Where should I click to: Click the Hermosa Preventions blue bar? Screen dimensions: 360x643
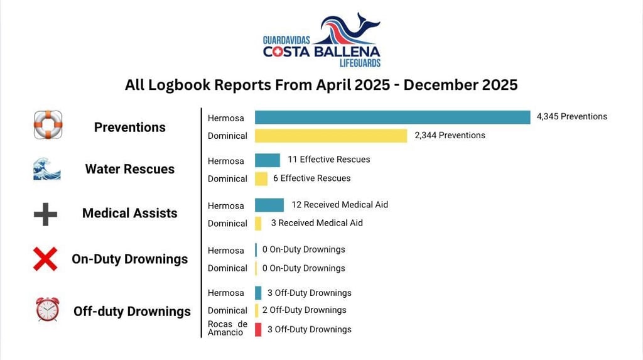(x=392, y=117)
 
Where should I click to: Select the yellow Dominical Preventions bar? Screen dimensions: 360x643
(x=331, y=136)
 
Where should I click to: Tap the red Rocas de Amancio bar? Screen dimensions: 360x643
(x=258, y=329)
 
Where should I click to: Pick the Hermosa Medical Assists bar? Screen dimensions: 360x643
(x=269, y=205)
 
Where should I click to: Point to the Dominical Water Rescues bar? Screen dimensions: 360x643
(x=261, y=178)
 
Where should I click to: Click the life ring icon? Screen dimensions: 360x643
(x=48, y=124)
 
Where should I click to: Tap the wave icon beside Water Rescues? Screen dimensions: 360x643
(x=47, y=169)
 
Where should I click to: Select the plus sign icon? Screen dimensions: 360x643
(x=45, y=214)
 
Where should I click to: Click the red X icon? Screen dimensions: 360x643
(x=45, y=259)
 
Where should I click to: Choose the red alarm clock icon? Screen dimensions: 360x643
(x=47, y=309)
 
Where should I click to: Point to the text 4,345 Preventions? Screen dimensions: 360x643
(x=571, y=116)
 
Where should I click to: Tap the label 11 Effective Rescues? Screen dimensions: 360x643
(x=328, y=160)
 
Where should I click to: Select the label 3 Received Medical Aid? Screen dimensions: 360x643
(x=316, y=223)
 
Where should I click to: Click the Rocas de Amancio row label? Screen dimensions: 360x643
(x=227, y=329)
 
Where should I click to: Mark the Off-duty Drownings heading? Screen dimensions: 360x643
(x=132, y=311)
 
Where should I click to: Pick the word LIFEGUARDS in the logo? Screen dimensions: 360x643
(x=360, y=63)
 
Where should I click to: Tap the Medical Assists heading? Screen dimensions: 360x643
(x=129, y=213)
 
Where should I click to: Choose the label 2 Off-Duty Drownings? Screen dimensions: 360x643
(x=304, y=310)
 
